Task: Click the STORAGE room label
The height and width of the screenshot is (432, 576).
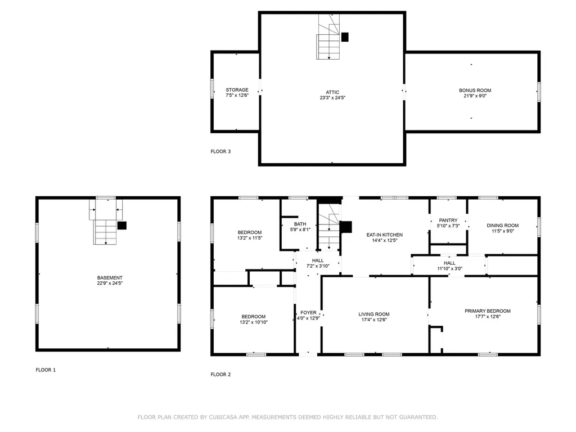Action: coord(237,90)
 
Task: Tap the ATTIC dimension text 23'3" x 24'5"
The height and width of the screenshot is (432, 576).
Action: coord(332,98)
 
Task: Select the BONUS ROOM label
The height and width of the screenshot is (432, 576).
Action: coord(475,91)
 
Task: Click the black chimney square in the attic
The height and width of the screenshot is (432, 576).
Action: coord(345,37)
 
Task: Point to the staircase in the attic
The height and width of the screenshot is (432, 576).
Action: coord(328,37)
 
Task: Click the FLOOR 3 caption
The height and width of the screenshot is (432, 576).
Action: coord(220,151)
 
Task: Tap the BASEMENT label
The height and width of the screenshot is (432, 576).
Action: coord(110,278)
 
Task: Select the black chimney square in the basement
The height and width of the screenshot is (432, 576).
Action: coord(122,226)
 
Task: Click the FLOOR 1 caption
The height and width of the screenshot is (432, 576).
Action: coord(46,370)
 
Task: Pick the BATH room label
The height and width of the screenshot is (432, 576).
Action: coord(300,224)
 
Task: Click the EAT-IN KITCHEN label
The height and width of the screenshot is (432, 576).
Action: coord(385,235)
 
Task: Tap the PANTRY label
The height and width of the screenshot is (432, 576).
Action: coord(448,220)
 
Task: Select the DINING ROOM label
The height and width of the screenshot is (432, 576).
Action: coord(502,226)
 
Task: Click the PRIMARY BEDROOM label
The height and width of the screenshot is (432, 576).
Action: coord(488,311)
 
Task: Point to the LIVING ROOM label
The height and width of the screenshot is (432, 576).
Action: coord(374,314)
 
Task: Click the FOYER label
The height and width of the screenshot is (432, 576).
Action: coord(308,313)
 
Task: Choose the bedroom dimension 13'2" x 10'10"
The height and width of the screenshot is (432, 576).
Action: coord(254,322)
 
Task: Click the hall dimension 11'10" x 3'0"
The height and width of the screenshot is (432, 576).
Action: coord(449,268)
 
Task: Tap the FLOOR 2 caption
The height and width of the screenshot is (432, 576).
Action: coord(220,374)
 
